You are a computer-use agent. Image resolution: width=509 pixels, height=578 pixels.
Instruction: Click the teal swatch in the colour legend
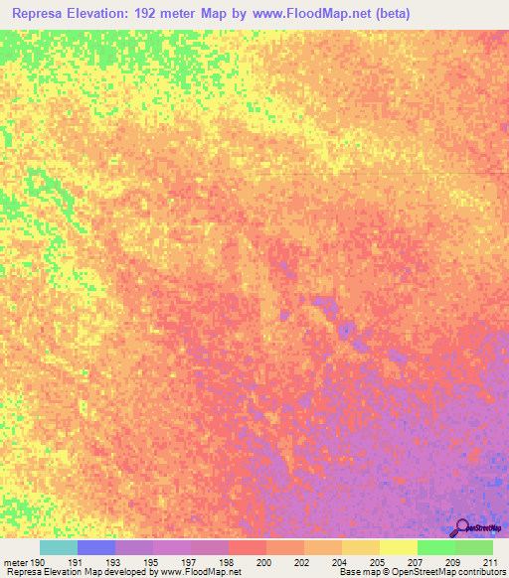[59, 547]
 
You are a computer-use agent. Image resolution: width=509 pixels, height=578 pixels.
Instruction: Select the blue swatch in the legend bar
[96, 547]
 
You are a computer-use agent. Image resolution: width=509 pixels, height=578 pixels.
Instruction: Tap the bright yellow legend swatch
[398, 547]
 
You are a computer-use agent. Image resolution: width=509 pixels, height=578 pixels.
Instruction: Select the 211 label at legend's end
[488, 561]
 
